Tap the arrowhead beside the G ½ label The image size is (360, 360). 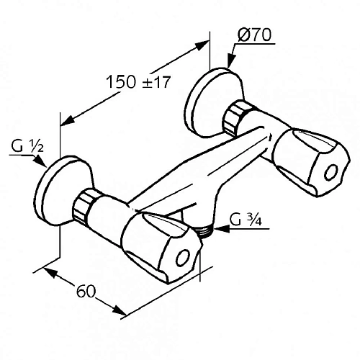(x=44, y=163)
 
